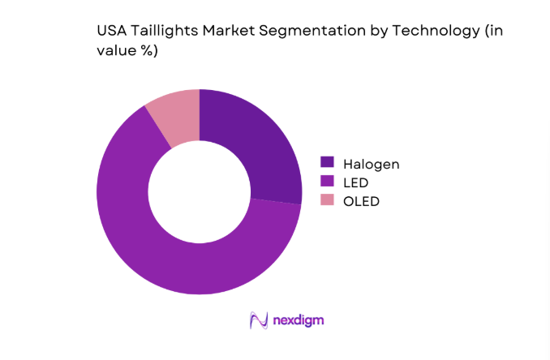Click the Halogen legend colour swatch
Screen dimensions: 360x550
point(327,164)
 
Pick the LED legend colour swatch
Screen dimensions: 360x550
point(327,182)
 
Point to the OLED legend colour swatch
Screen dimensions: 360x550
point(327,199)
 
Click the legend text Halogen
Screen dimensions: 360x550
point(372,164)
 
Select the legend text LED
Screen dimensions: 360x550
point(356,182)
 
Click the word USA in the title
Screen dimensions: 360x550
point(111,31)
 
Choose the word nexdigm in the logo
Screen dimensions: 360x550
point(297,320)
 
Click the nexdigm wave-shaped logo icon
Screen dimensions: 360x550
point(259,320)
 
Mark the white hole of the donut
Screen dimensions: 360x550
point(199,191)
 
